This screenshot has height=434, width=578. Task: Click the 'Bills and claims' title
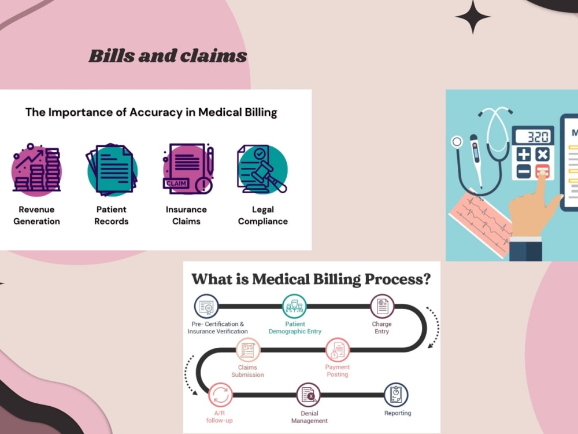point(168,56)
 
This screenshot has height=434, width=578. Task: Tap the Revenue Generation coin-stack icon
point(36,169)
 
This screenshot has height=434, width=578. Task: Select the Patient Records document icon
point(112,169)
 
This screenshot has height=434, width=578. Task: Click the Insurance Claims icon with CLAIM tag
point(188,169)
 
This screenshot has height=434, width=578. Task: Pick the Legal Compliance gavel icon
point(262,169)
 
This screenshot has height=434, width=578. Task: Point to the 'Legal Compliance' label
point(263,215)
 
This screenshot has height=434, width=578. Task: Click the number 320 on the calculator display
point(538,137)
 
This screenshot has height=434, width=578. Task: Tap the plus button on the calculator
point(524,155)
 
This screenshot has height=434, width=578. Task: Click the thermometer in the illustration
point(476,160)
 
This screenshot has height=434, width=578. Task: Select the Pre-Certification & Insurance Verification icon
point(206,306)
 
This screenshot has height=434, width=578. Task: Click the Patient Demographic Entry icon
point(294,306)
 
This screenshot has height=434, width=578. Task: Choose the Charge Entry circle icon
point(382,306)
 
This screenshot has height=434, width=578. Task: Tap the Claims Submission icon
point(248,350)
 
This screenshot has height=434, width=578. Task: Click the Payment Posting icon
point(338,350)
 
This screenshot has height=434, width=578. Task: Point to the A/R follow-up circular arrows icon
point(220,395)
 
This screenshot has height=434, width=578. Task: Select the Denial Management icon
point(309,395)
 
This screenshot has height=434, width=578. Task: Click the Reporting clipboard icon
point(397,395)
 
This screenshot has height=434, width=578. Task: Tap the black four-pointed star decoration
point(473,17)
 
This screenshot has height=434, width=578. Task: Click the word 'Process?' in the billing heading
point(398,279)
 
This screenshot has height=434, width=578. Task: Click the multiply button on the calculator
point(542,155)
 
